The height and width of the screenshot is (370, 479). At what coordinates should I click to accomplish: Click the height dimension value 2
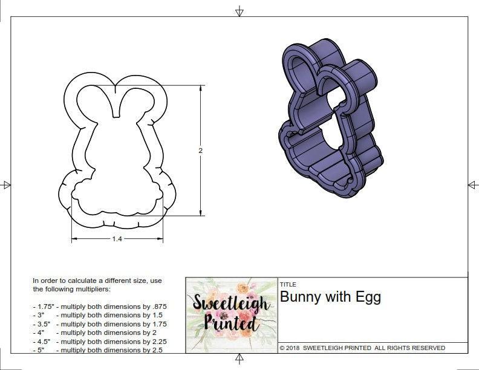200,151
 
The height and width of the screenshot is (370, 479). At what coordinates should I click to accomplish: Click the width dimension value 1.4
117,239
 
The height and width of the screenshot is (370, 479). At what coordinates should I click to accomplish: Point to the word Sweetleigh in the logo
230,302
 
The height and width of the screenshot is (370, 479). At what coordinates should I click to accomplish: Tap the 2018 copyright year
293,348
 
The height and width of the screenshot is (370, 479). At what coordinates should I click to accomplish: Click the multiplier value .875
157,307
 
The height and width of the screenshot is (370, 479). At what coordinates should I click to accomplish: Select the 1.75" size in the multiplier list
43,307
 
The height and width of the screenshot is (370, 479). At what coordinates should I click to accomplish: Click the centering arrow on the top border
239,11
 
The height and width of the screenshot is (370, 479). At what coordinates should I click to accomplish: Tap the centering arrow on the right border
472,184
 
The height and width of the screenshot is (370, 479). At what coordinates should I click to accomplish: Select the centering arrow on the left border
6,184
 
